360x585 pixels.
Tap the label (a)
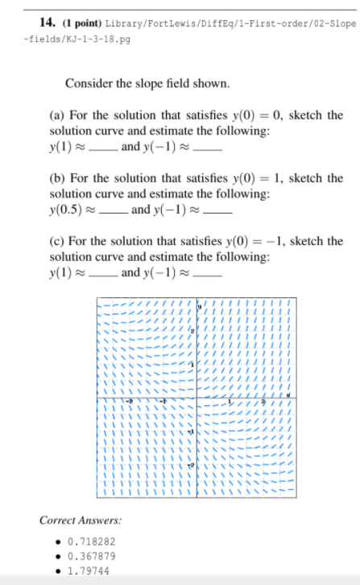[x=57, y=115]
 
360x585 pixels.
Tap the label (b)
[x=58, y=178]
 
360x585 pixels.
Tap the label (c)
[x=57, y=241]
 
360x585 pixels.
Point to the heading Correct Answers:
[x=76, y=521]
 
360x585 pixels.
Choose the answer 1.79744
[x=89, y=568]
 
